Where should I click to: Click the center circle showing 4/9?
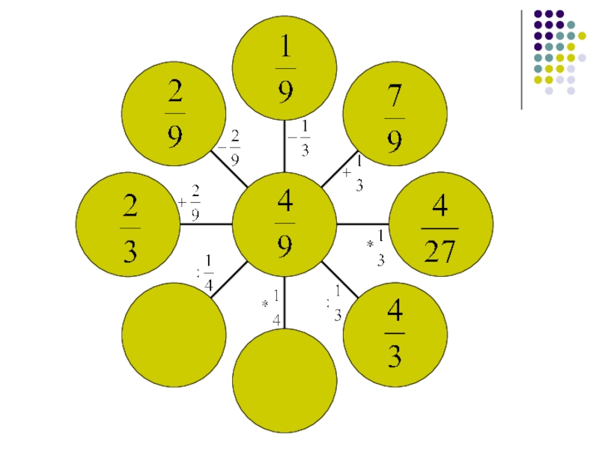pyautogui.click(x=285, y=224)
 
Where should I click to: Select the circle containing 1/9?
pyautogui.click(x=285, y=67)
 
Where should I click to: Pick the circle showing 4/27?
pyautogui.click(x=440, y=224)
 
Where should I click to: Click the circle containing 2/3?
pyautogui.click(x=129, y=224)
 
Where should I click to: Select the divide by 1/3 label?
pyautogui.click(x=334, y=304)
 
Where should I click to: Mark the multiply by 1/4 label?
pyautogui.click(x=272, y=307)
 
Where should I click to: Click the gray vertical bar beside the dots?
pyautogui.click(x=521, y=60)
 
